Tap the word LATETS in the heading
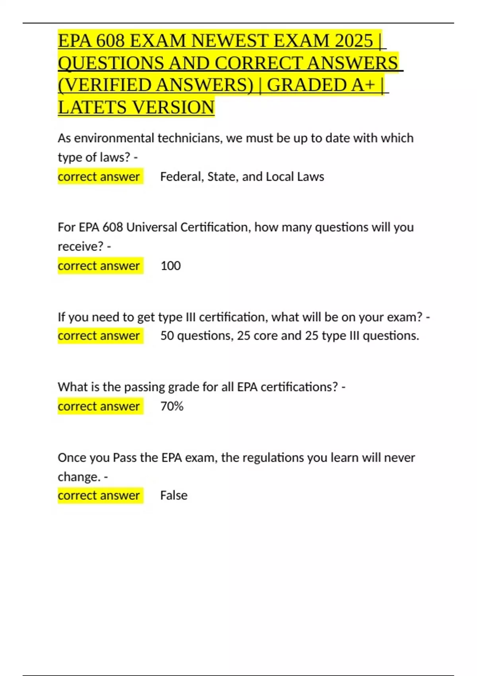pos(93,107)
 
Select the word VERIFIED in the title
pos(107,85)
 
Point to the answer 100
pos(171,266)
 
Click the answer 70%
pos(172,406)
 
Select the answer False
pos(174,495)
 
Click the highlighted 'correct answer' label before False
pos(99,495)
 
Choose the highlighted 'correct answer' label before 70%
pos(99,406)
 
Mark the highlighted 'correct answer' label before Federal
pos(99,177)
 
